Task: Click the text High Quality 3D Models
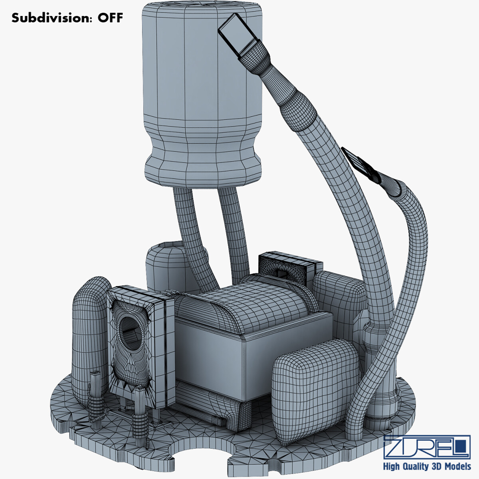[x=427, y=466]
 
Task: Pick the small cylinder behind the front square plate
[x=164, y=263]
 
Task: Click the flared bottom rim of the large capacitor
[x=202, y=170]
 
